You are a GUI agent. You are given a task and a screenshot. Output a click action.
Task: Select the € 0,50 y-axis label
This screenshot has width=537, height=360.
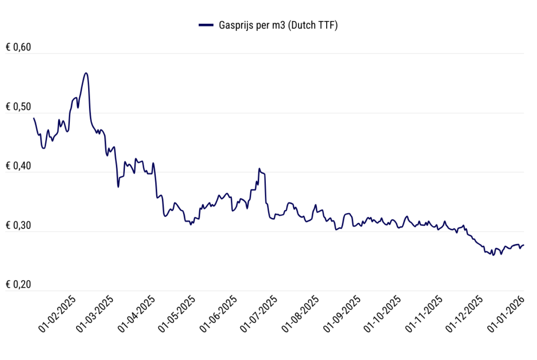click(x=19, y=107)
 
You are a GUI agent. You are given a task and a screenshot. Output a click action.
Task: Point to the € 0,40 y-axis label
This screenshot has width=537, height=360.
click(x=19, y=166)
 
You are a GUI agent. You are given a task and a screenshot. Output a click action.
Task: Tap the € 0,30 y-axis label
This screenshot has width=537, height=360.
click(x=19, y=226)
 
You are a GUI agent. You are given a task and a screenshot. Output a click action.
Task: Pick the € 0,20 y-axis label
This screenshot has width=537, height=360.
click(x=19, y=285)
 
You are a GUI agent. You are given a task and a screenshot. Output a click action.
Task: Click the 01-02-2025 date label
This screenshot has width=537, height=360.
click(x=57, y=314)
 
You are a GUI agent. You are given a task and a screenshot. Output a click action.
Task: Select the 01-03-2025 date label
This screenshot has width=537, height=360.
click(x=95, y=314)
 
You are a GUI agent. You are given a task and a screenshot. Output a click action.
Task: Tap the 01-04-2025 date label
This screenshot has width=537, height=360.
click(x=137, y=314)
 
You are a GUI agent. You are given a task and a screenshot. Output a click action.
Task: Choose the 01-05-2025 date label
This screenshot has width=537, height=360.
click(x=177, y=314)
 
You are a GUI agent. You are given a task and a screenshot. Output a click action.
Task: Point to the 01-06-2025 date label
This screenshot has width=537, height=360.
click(x=219, y=314)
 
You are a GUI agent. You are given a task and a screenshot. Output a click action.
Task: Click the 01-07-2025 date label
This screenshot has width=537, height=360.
click(x=259, y=314)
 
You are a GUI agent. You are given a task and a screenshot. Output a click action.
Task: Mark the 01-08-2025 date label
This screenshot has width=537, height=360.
click(x=301, y=314)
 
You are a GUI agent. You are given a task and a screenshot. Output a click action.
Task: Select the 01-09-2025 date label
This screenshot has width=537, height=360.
click(x=343, y=314)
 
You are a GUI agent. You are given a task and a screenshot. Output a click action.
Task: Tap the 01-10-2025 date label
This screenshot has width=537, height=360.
click(x=383, y=314)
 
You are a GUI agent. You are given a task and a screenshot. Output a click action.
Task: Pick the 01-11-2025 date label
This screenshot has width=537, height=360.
click(x=425, y=314)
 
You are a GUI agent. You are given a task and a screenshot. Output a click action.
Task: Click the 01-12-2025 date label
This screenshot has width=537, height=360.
click(x=465, y=314)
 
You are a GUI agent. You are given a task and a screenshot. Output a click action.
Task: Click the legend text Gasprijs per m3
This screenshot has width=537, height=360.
click(x=278, y=25)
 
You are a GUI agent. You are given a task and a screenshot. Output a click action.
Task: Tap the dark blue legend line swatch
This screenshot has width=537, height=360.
click(x=206, y=25)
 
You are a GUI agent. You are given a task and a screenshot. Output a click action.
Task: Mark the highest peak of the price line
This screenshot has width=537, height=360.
click(x=86, y=73)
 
